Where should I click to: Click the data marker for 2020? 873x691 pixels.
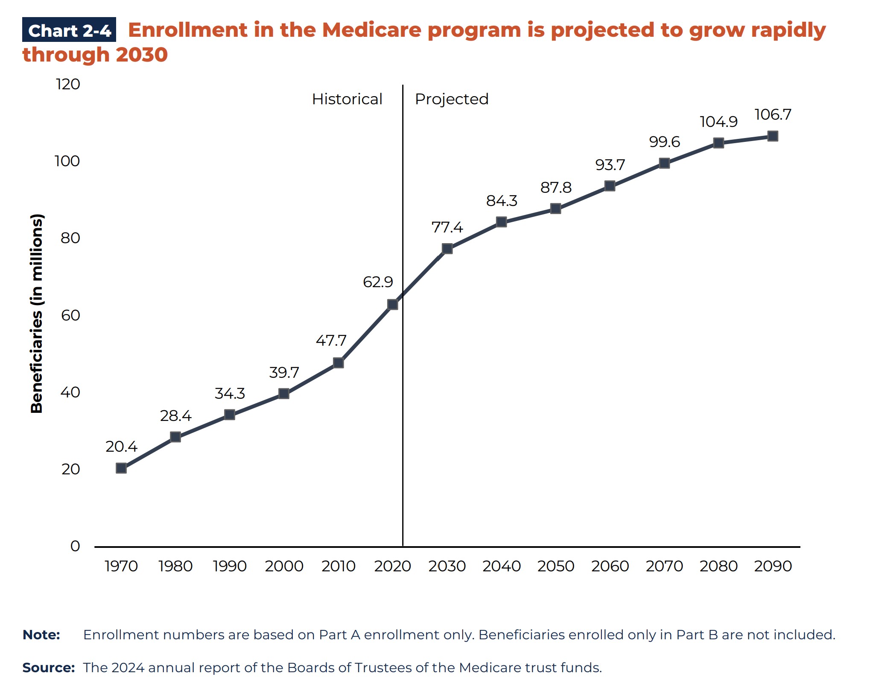coord(392,304)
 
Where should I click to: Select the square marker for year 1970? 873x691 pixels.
coord(121,468)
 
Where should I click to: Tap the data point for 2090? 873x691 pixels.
coord(772,136)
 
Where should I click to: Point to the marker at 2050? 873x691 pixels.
coord(555,209)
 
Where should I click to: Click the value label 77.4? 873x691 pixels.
coord(447,227)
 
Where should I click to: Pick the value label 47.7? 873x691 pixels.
coord(331,341)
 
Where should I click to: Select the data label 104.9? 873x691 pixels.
coord(718,122)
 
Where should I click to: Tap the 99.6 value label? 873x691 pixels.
coord(664,142)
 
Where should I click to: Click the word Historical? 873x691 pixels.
coord(347,99)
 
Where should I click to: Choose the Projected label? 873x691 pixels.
coord(451,99)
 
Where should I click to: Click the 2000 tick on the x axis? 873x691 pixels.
coord(284,566)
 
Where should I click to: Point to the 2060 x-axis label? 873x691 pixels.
coord(610,566)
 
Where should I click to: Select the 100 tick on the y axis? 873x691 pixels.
coord(67,161)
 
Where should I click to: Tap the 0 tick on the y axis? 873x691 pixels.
coord(75,546)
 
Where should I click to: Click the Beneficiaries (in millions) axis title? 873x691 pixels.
coord(37,313)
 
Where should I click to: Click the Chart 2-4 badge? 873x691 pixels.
coord(69,30)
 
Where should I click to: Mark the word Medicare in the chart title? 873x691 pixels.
coord(371,30)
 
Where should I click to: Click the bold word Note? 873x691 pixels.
coord(41,635)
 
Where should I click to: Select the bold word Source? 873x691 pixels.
coord(48,667)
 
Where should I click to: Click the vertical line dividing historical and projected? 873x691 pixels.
coord(403,385)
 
